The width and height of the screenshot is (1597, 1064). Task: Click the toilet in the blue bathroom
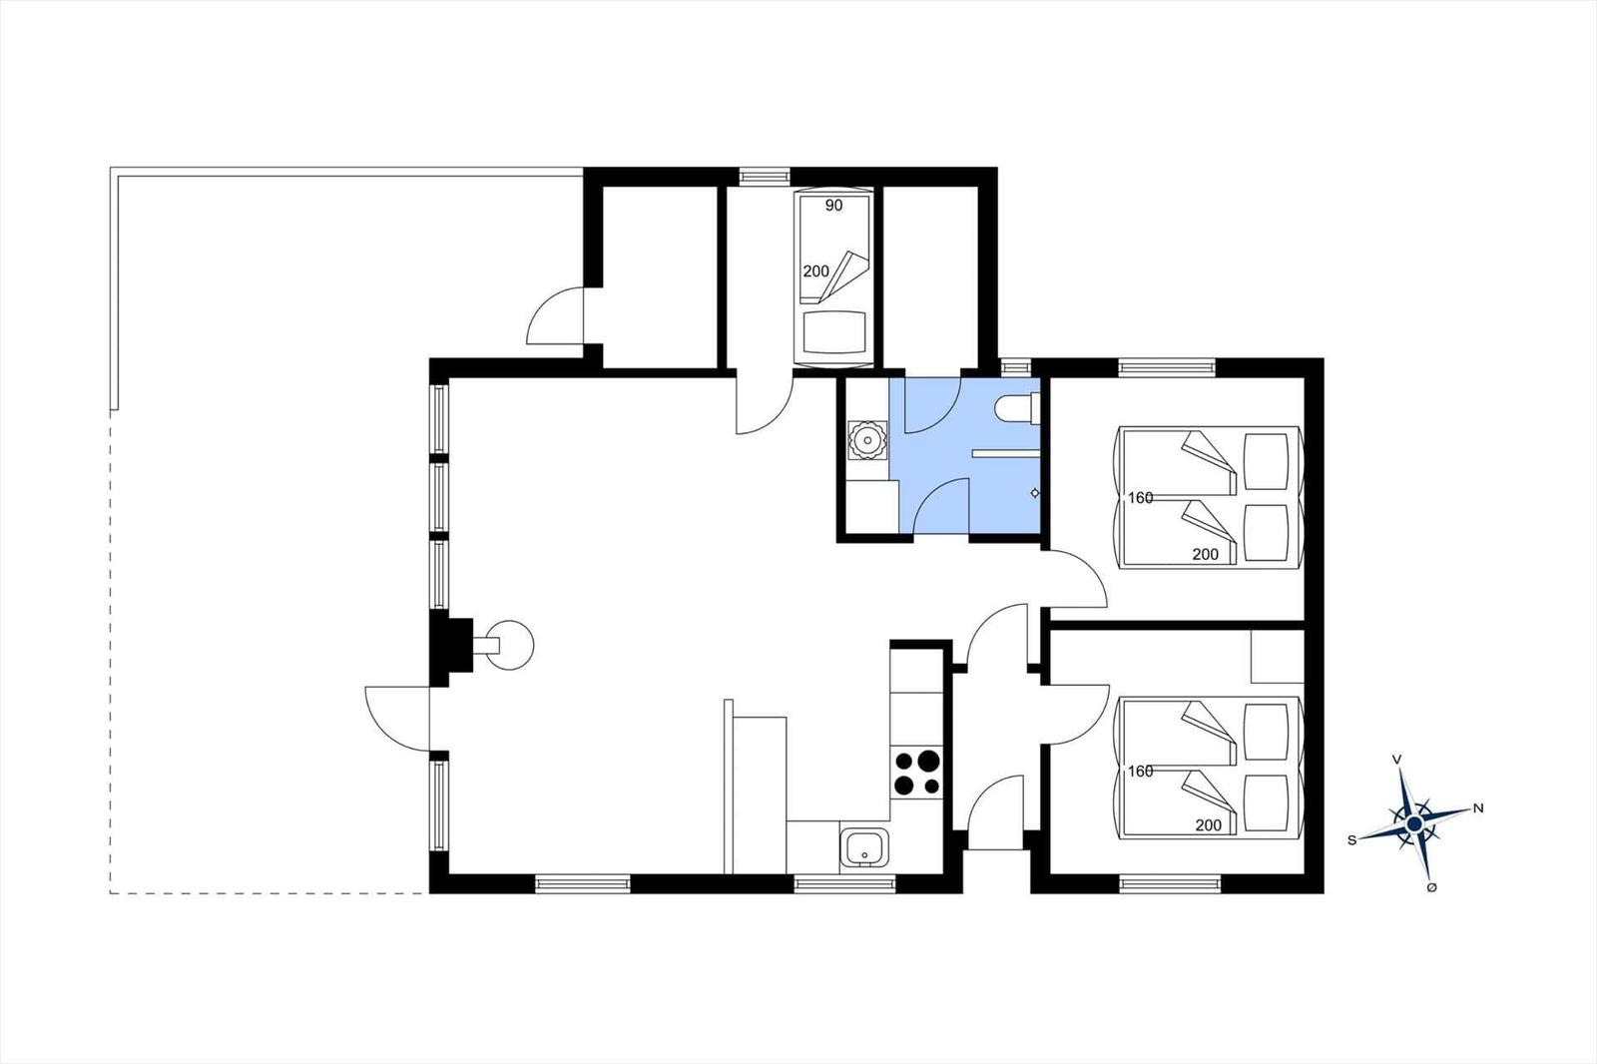click(1017, 409)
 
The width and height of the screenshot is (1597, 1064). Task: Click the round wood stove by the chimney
click(509, 646)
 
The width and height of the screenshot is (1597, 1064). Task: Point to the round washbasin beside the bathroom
click(867, 440)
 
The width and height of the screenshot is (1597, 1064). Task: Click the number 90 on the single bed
click(833, 206)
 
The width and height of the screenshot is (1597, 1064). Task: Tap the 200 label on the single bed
click(816, 271)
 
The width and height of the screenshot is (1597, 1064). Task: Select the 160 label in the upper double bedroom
click(1140, 498)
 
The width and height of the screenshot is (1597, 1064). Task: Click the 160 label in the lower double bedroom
click(1140, 771)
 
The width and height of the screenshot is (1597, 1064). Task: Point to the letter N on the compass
click(1478, 808)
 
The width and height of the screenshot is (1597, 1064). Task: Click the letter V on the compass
click(1397, 761)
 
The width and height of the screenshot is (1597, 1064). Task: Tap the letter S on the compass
click(1351, 840)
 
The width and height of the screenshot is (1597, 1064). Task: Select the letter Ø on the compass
click(1431, 888)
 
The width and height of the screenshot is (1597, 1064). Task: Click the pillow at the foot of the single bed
click(834, 332)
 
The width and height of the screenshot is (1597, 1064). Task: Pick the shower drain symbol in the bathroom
click(1034, 493)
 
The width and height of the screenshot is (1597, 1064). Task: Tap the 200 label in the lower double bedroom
click(1209, 825)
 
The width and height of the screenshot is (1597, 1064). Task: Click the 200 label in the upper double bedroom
click(1206, 554)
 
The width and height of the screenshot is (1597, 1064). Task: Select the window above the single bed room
click(765, 176)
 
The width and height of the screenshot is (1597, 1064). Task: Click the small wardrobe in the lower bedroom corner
click(1278, 656)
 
